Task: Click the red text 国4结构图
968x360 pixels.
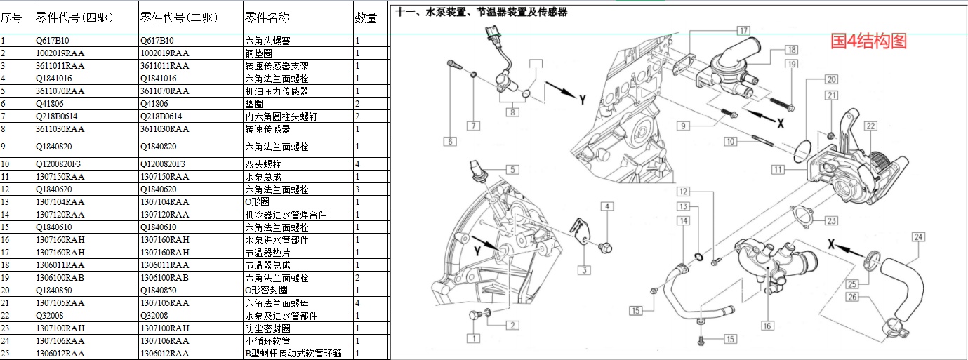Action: tap(868, 41)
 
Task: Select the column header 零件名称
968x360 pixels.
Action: tap(267, 18)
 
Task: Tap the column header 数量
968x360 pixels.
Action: tap(366, 18)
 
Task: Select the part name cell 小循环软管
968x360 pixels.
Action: tap(268, 341)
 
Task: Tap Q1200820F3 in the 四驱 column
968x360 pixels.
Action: tap(58, 164)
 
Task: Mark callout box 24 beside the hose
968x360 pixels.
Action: tap(917, 236)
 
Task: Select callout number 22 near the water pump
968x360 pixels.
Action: tap(870, 126)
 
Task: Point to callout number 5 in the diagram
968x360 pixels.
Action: tap(512, 169)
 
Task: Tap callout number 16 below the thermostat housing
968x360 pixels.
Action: tap(767, 326)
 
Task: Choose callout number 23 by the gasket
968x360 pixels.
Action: tap(831, 220)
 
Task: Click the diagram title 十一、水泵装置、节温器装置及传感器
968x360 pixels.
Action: tap(482, 13)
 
